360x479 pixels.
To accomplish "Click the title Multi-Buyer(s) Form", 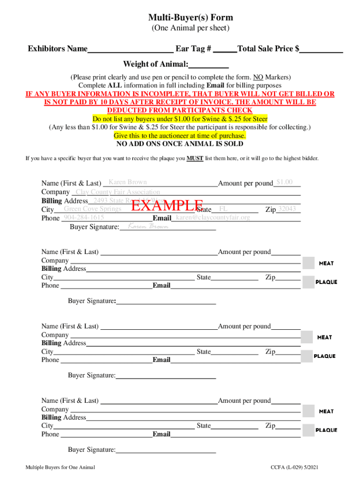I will click(190, 18).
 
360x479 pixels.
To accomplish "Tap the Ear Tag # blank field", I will click(227, 50).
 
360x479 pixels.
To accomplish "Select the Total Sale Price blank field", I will click(321, 50).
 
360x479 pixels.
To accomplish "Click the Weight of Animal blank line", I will click(209, 65).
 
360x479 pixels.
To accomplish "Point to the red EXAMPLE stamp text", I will click(167, 206).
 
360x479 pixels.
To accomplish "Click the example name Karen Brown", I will click(128, 182).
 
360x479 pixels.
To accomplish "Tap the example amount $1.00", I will click(284, 182).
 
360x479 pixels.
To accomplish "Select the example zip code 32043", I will click(287, 209).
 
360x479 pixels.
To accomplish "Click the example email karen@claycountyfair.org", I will click(213, 218).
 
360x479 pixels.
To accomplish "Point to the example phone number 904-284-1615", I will click(84, 218).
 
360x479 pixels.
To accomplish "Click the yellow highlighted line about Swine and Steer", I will click(180, 119).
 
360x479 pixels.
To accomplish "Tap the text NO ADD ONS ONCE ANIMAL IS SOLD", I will click(180, 144).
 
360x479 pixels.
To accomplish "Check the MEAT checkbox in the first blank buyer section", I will click(309, 263).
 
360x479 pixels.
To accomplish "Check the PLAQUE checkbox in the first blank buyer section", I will click(309, 282).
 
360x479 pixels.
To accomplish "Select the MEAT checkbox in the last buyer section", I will click(309, 411).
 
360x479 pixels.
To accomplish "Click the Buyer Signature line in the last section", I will click(166, 450).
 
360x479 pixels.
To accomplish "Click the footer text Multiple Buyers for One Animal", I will click(60, 468).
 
